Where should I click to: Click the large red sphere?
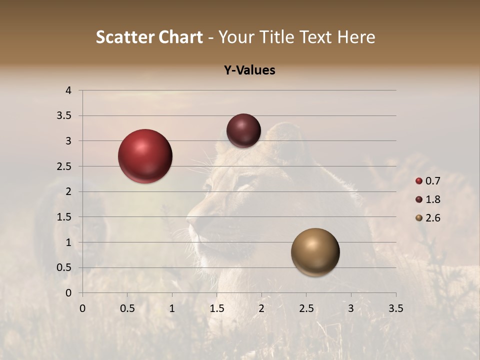(145, 156)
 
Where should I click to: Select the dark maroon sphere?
(243, 130)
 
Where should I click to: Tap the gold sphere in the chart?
(315, 252)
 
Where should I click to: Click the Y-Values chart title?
(249, 70)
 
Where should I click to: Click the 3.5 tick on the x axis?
(396, 308)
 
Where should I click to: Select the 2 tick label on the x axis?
(261, 308)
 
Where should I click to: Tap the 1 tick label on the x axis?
(172, 308)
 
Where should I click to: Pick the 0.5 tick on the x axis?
(127, 308)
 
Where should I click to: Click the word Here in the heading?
(355, 37)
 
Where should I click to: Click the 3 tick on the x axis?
(351, 308)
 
